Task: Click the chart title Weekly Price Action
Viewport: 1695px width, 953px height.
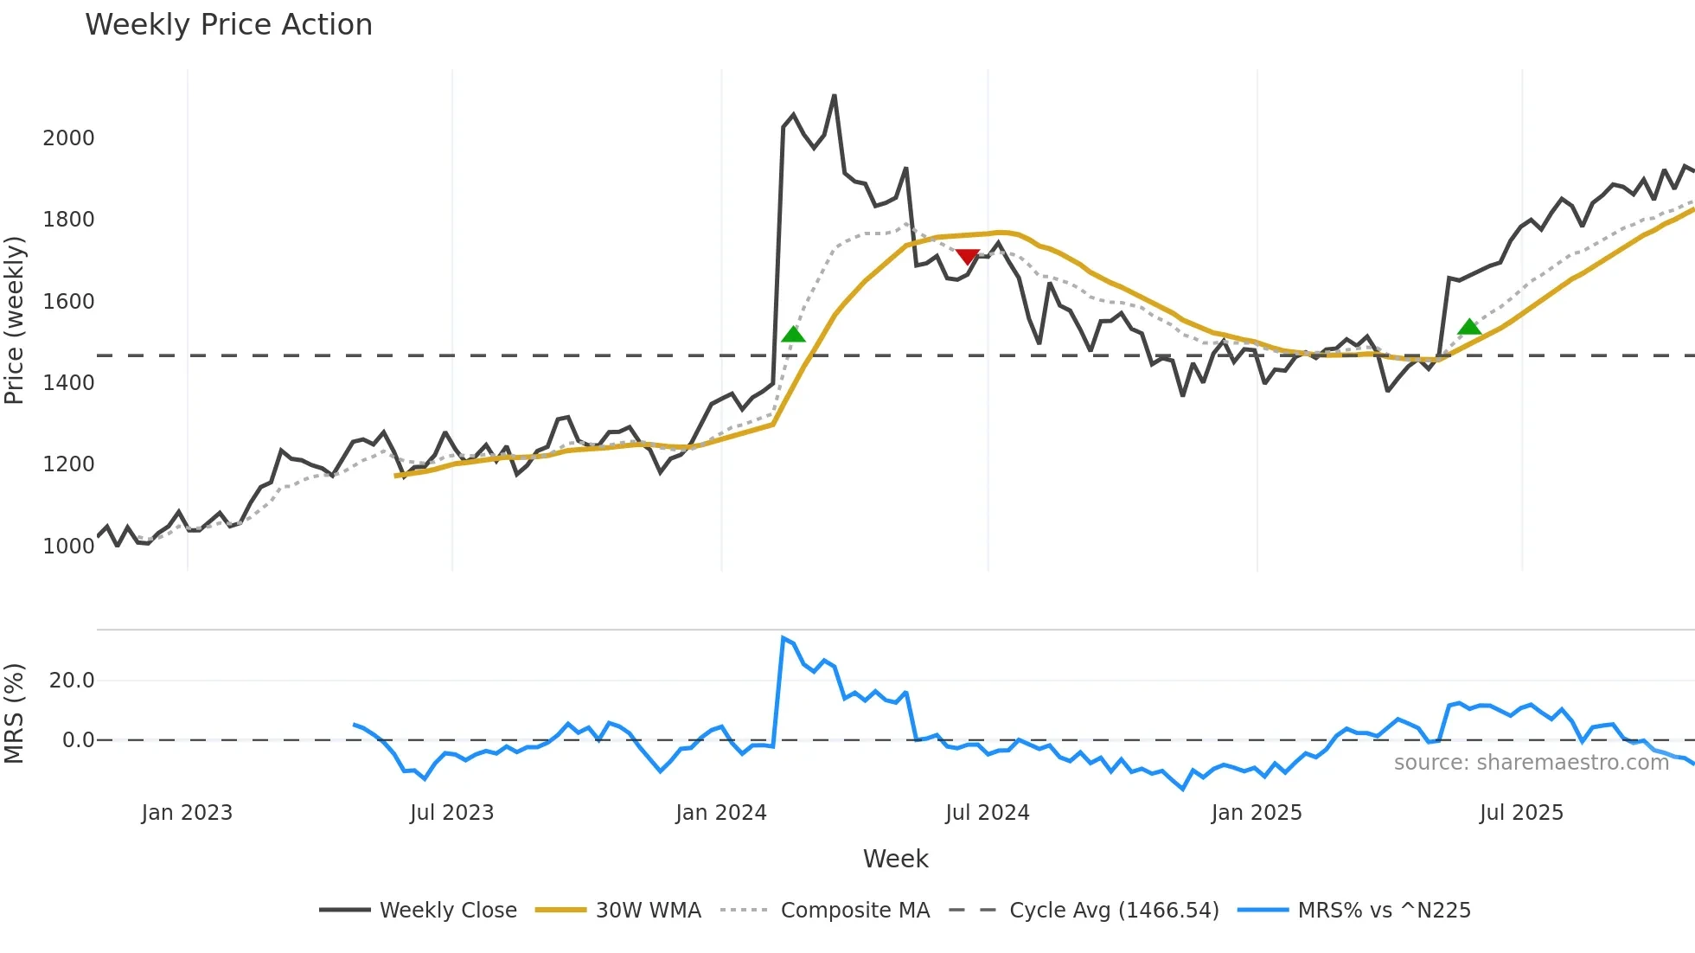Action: (x=228, y=25)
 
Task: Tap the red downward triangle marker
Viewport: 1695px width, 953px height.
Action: (x=968, y=257)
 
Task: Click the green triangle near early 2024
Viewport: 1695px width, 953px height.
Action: (x=793, y=335)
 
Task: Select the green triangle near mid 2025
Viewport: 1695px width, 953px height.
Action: (x=1469, y=327)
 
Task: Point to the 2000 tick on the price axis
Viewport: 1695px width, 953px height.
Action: (x=68, y=138)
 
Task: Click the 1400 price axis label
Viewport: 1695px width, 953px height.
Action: (x=68, y=383)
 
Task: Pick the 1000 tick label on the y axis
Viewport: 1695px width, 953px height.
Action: (x=68, y=547)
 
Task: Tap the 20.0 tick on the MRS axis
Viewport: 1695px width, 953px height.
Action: (x=72, y=681)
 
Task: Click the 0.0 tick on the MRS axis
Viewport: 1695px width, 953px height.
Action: (x=78, y=740)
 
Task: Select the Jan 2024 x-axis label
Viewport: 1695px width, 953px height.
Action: (x=721, y=813)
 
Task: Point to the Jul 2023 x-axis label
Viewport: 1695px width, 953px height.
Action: (x=451, y=813)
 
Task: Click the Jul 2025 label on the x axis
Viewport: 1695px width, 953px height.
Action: (x=1521, y=813)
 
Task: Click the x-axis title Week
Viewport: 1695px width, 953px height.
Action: (x=895, y=859)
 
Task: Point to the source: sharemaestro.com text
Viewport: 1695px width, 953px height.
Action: (x=1531, y=763)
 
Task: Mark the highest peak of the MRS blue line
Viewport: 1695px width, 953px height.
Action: (x=783, y=638)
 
